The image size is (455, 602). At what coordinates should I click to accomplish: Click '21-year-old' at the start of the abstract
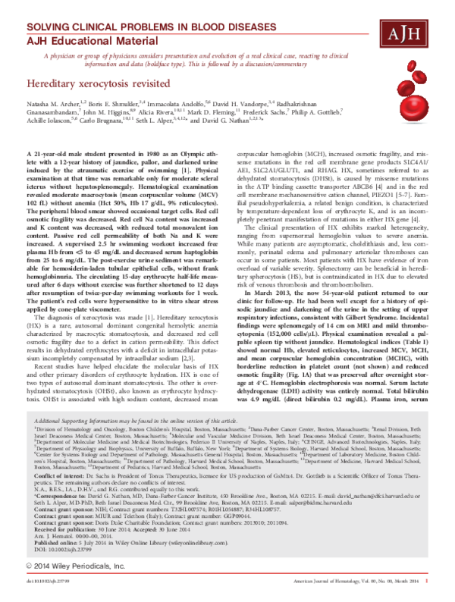pyautogui.click(x=55, y=176)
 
